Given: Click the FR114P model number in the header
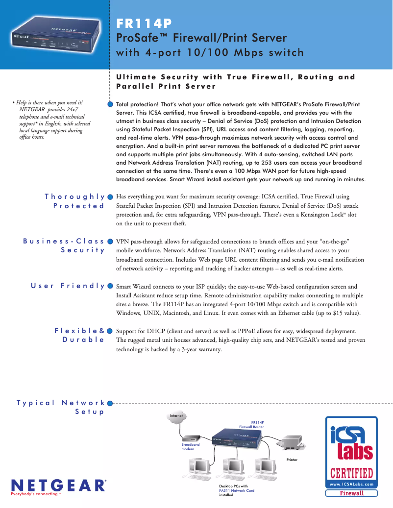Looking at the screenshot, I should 144,24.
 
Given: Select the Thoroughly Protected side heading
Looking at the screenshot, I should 75,201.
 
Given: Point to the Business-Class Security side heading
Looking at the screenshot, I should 64,245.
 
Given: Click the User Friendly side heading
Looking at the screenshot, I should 68,285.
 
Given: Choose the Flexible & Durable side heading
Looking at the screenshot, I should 79,335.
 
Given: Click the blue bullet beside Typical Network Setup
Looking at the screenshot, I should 110,403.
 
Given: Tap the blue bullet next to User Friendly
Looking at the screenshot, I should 110,286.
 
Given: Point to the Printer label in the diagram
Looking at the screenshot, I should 292,460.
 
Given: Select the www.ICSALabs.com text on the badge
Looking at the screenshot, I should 352,484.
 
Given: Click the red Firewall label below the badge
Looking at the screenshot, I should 352,493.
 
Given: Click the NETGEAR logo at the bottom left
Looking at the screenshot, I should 57,485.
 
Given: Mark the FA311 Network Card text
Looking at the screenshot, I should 237,490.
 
